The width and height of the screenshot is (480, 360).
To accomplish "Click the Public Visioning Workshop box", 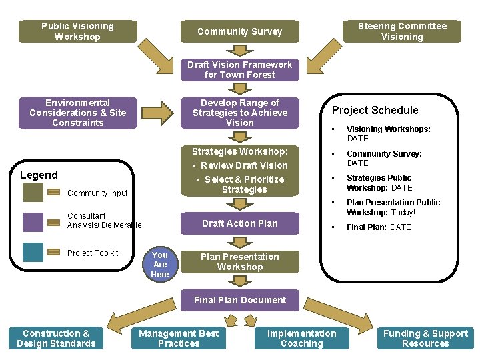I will (78, 31).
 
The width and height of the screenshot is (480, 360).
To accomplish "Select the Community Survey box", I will (239, 31).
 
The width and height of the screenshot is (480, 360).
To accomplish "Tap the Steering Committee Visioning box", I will (402, 31).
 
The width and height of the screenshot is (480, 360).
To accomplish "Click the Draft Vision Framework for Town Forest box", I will (239, 70).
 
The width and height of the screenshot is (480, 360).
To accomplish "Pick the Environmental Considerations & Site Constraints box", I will (78, 113).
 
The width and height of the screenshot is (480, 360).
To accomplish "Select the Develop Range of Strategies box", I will (239, 113).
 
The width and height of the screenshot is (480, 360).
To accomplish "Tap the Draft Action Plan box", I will (239, 223).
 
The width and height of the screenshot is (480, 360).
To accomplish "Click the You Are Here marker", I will (160, 265).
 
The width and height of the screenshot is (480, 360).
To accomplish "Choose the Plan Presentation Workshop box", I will (239, 262).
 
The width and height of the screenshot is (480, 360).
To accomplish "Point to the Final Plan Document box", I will (239, 300).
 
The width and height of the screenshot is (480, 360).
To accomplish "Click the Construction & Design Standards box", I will (56, 339).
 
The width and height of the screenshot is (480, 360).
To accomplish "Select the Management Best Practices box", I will (179, 339).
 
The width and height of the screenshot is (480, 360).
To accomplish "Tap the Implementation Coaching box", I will (301, 339).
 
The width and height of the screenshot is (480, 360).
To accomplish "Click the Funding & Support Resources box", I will (425, 339).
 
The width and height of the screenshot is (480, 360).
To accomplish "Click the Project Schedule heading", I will (375, 110).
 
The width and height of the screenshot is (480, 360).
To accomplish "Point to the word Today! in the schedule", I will (403, 213).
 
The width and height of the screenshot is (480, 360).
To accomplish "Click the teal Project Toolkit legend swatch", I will (33, 252).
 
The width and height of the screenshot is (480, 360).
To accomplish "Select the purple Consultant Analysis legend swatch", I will (33, 222).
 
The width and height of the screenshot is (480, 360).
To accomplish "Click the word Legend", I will (39, 175).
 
